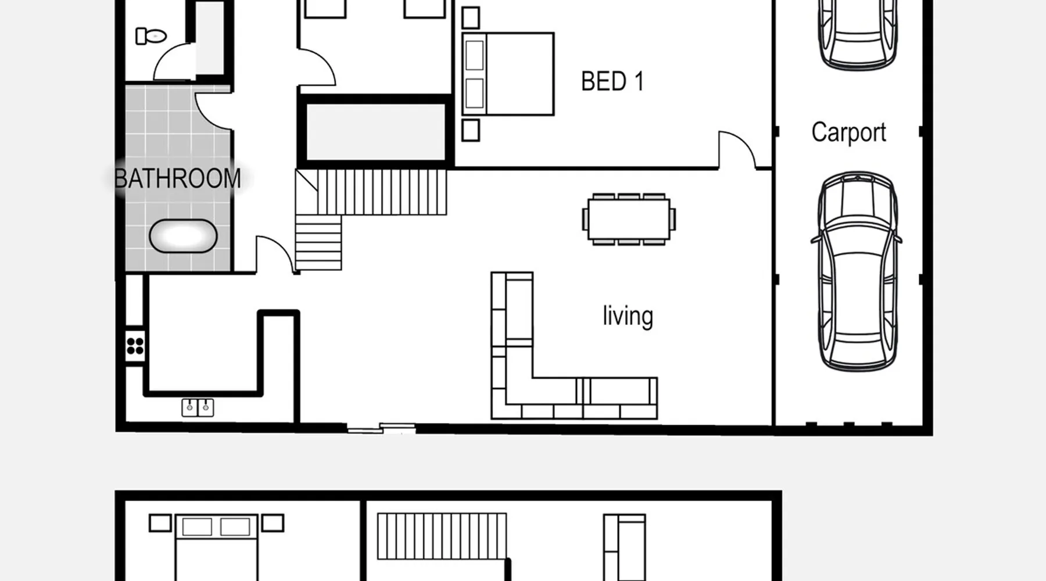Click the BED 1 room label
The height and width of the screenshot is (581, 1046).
(612, 81)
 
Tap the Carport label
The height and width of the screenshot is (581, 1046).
(848, 132)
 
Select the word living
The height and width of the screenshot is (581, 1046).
(628, 316)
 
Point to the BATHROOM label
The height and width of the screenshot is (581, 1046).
(177, 178)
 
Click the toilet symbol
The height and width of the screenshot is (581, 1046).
(151, 36)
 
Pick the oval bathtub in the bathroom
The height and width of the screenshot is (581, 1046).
(183, 236)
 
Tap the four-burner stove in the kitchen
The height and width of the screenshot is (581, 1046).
(135, 346)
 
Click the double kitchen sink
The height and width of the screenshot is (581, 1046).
(198, 407)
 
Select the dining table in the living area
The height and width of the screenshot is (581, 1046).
(629, 219)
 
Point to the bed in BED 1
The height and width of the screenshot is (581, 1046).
(508, 74)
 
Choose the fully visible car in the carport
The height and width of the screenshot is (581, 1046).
(857, 271)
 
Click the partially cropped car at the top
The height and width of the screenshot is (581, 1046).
(858, 35)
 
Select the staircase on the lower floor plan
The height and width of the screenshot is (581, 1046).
(442, 536)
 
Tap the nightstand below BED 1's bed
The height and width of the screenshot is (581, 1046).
(471, 130)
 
